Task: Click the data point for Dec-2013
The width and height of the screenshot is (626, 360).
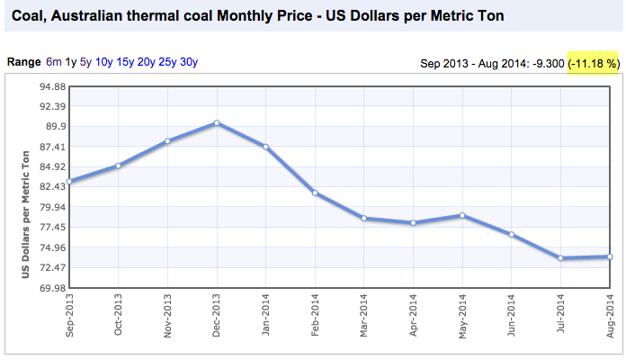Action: coord(217,122)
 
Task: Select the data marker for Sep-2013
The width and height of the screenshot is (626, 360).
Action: coord(69,182)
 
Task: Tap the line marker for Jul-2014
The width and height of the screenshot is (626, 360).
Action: coord(560,258)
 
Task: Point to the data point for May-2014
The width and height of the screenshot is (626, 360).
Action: coord(462,215)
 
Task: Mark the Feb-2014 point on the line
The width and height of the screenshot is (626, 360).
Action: coord(315,193)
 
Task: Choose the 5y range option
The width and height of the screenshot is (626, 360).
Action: coord(85,62)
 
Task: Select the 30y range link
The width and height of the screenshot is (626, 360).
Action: coord(189,62)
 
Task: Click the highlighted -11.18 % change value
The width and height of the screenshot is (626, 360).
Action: coord(595,64)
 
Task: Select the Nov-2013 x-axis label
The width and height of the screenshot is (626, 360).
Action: coord(168,315)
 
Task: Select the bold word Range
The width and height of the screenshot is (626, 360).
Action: coord(23,62)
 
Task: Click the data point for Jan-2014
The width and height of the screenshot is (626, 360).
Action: coord(265,147)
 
